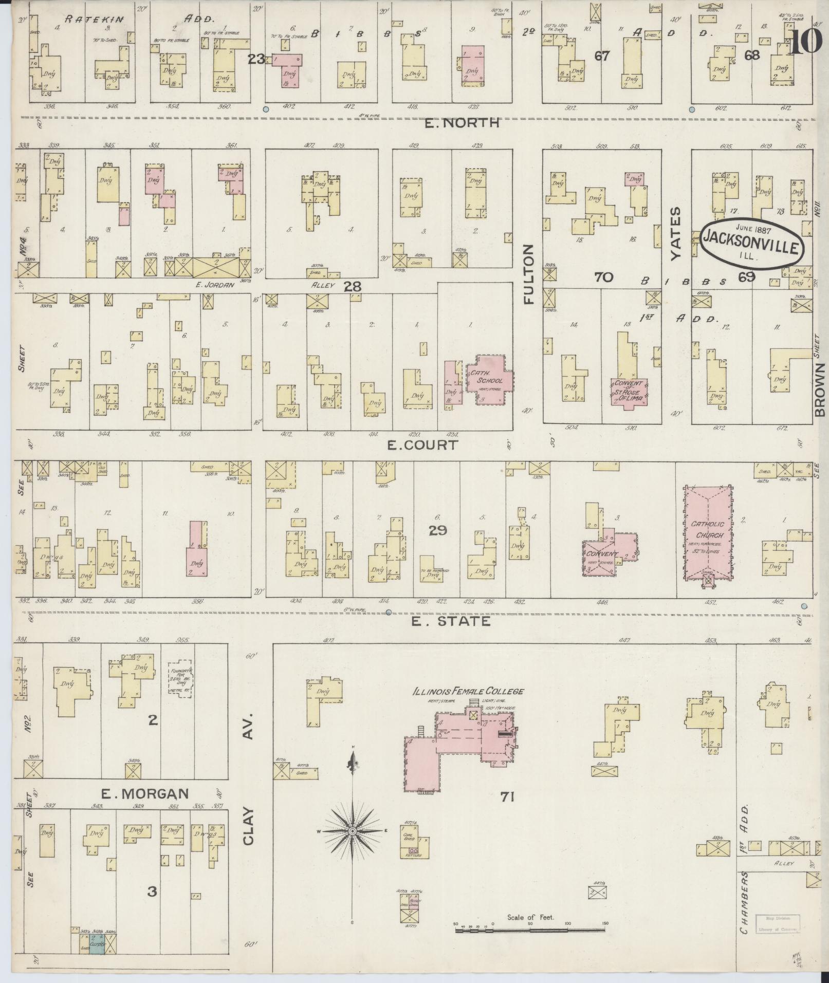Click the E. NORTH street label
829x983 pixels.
pos(462,123)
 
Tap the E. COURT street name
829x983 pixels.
pos(422,444)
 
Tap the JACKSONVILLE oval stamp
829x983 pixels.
pos(751,244)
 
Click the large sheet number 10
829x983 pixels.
pos(804,42)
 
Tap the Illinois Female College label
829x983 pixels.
pos(469,691)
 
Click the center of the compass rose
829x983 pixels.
pos(353,831)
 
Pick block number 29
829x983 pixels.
pos(438,530)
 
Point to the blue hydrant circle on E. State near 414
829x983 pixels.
pos(389,612)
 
